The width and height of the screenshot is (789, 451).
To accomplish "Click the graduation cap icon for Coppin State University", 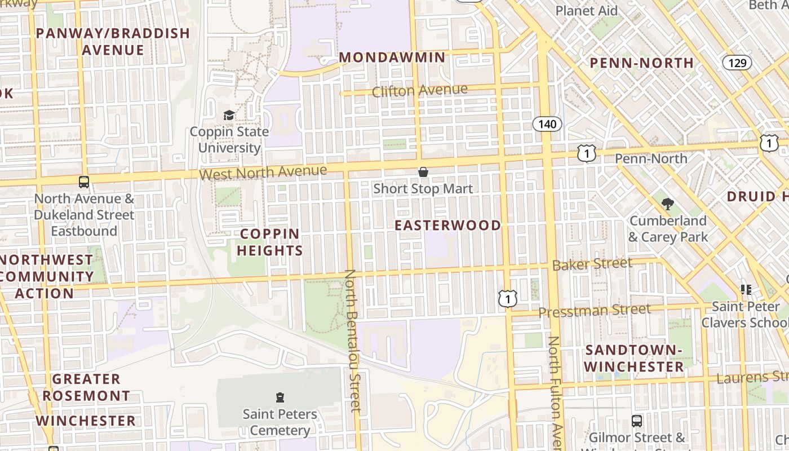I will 229,116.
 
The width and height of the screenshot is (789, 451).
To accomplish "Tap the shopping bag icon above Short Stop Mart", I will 423,172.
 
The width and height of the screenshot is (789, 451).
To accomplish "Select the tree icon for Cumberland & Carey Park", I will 668,204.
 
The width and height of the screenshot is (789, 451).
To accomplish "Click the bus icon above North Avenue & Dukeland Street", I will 84,182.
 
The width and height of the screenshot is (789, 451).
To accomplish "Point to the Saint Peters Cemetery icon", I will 280,397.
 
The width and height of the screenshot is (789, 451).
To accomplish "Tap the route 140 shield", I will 547,124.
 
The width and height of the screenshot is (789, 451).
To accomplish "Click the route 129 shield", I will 737,62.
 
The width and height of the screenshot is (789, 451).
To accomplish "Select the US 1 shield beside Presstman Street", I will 508,298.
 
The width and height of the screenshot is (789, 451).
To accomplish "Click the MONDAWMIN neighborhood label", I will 393,58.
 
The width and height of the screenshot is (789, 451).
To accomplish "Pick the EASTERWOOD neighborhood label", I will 447,225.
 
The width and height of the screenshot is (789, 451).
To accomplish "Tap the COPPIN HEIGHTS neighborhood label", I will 270,242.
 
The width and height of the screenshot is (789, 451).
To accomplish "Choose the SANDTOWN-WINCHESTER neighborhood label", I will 634,359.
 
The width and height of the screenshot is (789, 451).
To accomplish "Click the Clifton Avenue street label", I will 420,90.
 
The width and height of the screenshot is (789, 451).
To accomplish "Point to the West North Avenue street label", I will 263,173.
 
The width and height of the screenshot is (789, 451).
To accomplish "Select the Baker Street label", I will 592,264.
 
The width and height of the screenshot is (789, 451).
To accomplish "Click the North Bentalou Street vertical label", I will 352,341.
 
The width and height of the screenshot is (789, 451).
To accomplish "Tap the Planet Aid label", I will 586,11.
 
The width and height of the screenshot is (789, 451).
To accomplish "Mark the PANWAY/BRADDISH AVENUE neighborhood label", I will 113,41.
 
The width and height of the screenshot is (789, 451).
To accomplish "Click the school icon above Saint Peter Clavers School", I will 746,290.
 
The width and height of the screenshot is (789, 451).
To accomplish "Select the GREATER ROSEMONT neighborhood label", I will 86,387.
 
